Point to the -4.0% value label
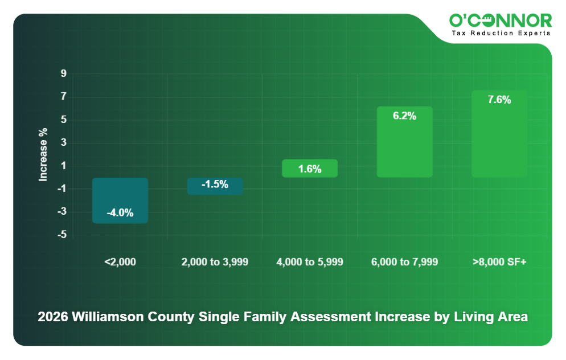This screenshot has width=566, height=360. click(120, 213)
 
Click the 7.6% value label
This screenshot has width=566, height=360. click(499, 100)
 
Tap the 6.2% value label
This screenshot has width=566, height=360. click(405, 116)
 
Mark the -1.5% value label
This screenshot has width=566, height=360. click(215, 185)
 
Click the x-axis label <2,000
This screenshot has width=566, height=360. click(120, 262)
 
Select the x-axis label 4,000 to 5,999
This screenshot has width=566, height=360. click(310, 262)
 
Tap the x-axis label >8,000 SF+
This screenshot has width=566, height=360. click(499, 262)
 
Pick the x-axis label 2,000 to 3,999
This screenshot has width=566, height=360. click(215, 262)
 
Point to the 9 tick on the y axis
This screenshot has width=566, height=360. click(64, 74)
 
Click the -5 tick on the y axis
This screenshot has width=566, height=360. click(63, 235)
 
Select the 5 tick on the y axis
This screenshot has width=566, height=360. click(64, 120)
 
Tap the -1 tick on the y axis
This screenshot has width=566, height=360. click(63, 189)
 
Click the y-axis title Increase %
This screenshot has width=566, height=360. click(43, 154)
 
